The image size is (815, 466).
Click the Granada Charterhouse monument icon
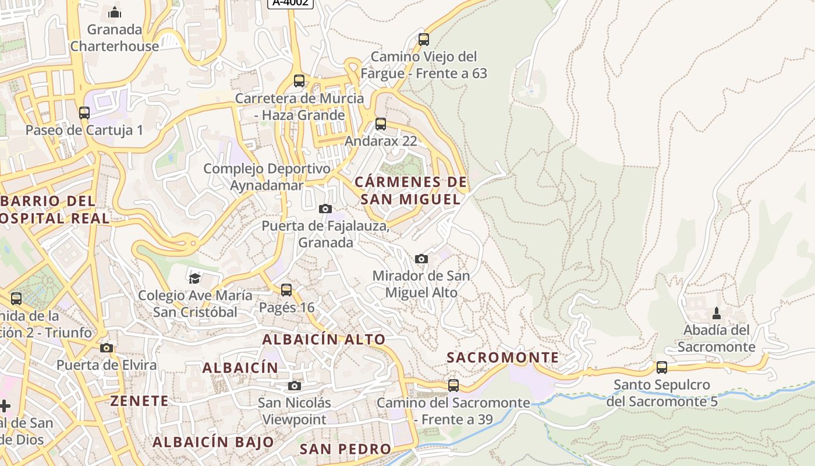tap(115, 12)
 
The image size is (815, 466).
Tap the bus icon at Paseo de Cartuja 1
tap(84, 113)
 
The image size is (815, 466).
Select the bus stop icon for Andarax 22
tap(381, 123)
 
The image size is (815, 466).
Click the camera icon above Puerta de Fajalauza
tap(325, 209)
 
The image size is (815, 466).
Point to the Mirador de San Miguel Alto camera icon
tap(421, 259)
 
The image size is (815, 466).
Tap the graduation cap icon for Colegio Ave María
tap(194, 278)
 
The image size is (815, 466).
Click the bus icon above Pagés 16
tap(286, 290)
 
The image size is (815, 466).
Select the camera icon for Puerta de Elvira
tap(106, 348)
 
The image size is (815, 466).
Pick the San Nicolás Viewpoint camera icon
tap(295, 386)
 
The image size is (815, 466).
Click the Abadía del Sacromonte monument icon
tap(717, 313)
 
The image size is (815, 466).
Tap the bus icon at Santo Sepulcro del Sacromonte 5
tap(662, 368)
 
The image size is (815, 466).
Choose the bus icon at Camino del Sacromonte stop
tap(453, 386)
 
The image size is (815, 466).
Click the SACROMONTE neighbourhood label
tap(502, 358)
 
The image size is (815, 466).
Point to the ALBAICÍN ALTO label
tap(324, 339)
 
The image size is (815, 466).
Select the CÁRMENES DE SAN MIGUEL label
tap(411, 190)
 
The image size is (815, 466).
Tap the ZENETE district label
tap(140, 401)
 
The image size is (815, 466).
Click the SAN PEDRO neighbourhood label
tap(345, 449)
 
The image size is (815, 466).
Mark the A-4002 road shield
tap(290, 2)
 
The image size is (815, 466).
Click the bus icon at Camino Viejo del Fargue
tap(424, 40)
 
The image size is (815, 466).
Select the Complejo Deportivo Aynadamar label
tap(267, 177)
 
